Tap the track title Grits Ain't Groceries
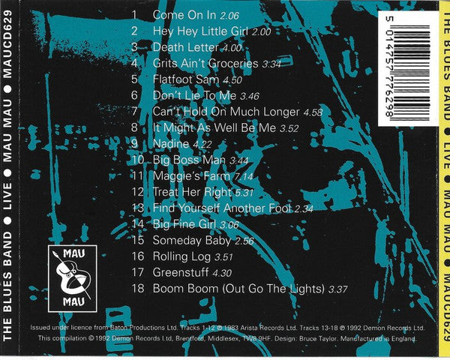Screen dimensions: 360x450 point(205,64)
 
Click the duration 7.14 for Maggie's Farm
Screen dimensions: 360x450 point(244,176)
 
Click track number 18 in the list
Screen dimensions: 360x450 point(136,289)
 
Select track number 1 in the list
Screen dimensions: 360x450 point(136,15)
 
